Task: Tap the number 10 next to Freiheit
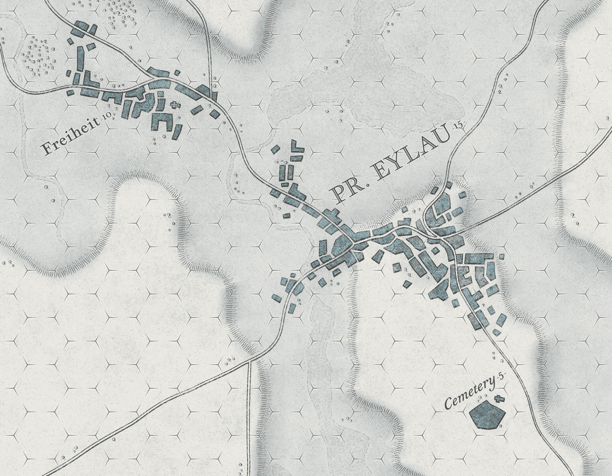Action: tap(106, 117)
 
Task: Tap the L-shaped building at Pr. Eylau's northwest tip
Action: tap(296, 146)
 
